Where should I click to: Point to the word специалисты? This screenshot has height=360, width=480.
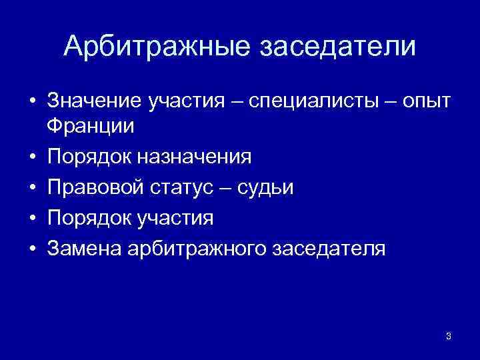coord(299,101)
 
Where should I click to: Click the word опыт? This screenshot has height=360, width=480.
coord(427,101)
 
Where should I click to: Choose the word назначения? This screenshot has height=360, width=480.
coord(195,157)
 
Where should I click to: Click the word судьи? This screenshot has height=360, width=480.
coord(266,187)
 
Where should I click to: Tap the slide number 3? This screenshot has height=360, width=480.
coord(448,336)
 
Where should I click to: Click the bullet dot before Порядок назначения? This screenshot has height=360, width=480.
coord(32,157)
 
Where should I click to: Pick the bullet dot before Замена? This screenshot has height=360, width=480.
coord(32,249)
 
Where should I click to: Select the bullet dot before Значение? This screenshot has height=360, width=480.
coord(32,102)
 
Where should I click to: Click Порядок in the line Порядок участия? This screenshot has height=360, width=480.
coord(91,218)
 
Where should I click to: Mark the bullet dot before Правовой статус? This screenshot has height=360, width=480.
coord(32,188)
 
